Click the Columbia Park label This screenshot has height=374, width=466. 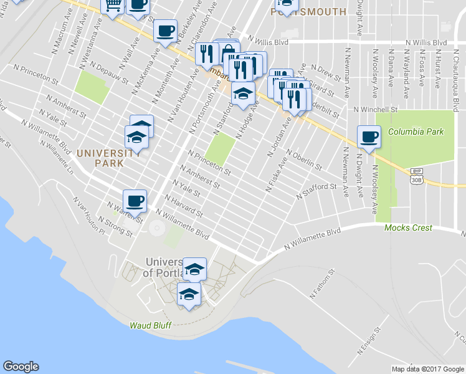click(x=416, y=132)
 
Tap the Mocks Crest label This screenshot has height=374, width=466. click(x=408, y=228)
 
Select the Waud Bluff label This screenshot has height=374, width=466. click(x=150, y=325)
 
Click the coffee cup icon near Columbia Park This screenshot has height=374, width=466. click(x=369, y=137)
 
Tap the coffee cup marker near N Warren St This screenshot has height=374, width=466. click(x=135, y=201)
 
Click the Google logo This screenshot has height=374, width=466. click(x=21, y=367)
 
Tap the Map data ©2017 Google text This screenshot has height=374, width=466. click(x=427, y=369)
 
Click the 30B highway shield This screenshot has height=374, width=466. click(x=416, y=180)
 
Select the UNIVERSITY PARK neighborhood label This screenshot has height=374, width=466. click(x=101, y=158)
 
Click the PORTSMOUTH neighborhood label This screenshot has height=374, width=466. click(x=310, y=12)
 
